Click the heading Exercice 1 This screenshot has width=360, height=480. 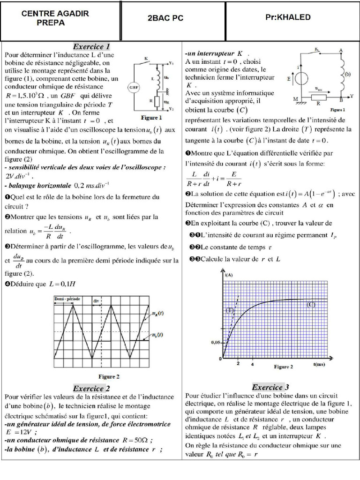[x=91, y=46]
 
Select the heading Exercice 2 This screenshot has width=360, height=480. [x=91, y=388]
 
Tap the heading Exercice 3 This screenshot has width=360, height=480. [x=270, y=387]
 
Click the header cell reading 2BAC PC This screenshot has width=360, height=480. [x=165, y=18]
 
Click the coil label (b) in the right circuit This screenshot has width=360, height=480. [x=347, y=74]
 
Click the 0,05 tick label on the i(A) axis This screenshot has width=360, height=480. [x=215, y=343]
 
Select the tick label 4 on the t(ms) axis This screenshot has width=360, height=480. [x=253, y=364]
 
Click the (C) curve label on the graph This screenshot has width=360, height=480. [x=311, y=305]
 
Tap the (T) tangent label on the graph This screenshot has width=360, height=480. [x=230, y=310]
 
